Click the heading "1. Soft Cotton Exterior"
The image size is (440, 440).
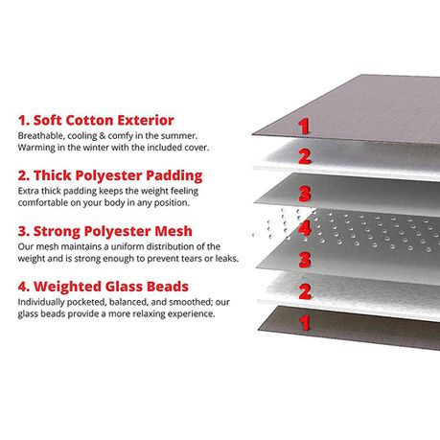[x=96, y=121]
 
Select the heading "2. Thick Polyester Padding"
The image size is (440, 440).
[x=110, y=176]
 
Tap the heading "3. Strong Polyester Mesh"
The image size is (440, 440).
[x=105, y=231]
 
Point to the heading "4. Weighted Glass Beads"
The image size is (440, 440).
[x=104, y=287]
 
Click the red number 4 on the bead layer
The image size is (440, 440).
[x=305, y=228]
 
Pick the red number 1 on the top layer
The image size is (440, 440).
[x=304, y=127]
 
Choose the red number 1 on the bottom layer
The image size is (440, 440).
[x=305, y=322]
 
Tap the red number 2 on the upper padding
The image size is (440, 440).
[x=305, y=156]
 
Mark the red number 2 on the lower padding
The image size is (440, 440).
[x=305, y=291]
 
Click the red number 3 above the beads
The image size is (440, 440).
[x=305, y=194]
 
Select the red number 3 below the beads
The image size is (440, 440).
[x=305, y=260]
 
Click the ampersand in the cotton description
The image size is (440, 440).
[x=103, y=136]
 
